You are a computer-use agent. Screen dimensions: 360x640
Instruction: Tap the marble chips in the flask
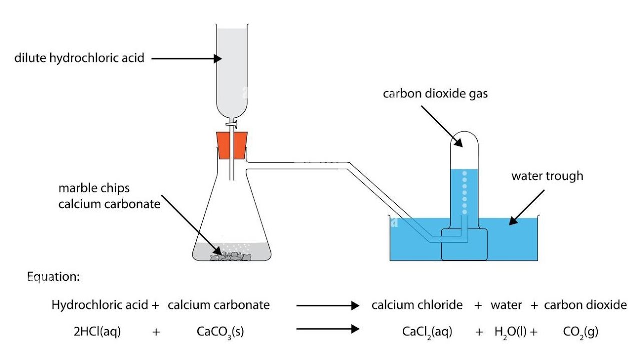pyautogui.click(x=232, y=256)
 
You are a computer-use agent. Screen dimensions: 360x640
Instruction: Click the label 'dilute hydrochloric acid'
pyautogui.click(x=79, y=58)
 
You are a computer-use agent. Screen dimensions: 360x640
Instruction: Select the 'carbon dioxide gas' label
pyautogui.click(x=435, y=94)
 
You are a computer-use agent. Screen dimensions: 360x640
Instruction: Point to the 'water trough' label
pyautogui.click(x=547, y=176)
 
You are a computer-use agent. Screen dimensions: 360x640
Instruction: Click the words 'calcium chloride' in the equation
pyautogui.click(x=417, y=305)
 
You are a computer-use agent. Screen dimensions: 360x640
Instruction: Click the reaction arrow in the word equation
pyautogui.click(x=328, y=305)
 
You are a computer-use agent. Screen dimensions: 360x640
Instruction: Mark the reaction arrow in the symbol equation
pyautogui.click(x=328, y=329)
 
